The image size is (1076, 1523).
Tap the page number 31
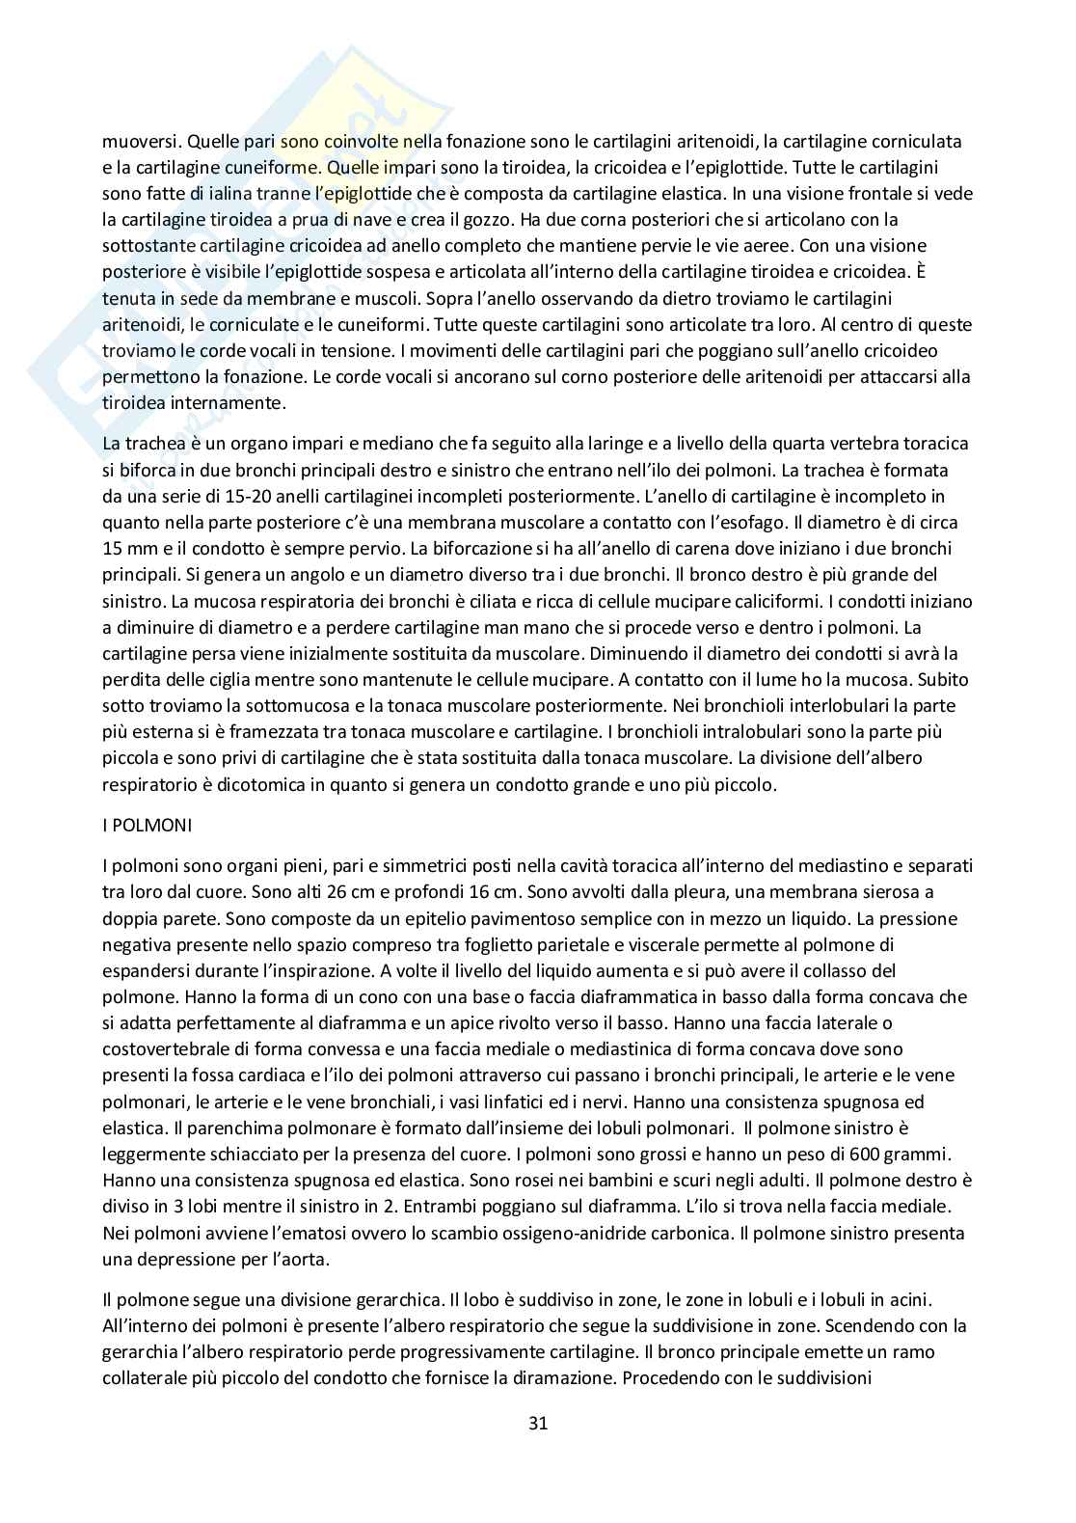click(538, 1423)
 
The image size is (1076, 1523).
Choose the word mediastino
click(827, 865)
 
